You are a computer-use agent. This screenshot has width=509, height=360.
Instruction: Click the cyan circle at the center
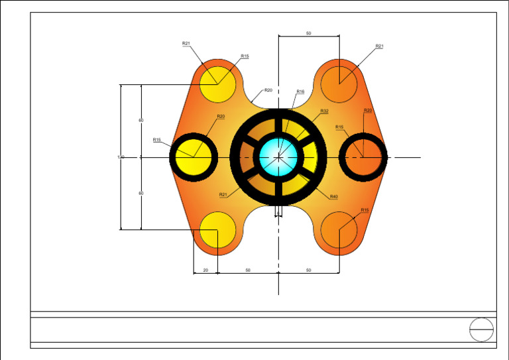(x=278, y=157)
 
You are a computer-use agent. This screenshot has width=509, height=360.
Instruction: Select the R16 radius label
(x=300, y=92)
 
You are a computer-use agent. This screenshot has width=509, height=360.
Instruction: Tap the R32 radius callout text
(x=324, y=111)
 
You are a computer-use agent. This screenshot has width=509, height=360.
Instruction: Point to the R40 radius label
(x=333, y=197)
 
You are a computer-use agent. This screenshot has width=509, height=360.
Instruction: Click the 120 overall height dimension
(x=121, y=157)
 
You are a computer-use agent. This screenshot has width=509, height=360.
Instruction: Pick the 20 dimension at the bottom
(x=205, y=270)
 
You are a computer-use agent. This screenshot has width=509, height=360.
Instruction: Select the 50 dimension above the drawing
(x=308, y=33)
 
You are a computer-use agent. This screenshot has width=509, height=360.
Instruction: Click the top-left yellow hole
(x=217, y=84)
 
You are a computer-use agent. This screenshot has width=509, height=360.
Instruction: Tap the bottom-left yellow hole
(x=217, y=230)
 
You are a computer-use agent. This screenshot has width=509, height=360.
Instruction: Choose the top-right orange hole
(x=339, y=84)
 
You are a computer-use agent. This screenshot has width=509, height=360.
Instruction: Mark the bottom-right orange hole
(x=339, y=230)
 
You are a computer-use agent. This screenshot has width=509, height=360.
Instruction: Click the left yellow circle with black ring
(x=194, y=157)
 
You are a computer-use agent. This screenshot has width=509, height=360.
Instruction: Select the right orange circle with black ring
(x=363, y=157)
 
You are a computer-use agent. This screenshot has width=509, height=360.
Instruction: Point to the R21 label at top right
(x=379, y=46)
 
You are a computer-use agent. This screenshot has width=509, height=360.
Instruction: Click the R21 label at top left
(x=186, y=43)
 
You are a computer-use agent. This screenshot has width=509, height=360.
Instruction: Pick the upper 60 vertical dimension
(x=141, y=120)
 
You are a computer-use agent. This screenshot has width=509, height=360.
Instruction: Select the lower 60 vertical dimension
(x=141, y=193)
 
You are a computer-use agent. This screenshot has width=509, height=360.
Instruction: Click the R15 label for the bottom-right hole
(x=365, y=210)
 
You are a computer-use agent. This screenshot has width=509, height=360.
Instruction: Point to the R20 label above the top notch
(x=268, y=90)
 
